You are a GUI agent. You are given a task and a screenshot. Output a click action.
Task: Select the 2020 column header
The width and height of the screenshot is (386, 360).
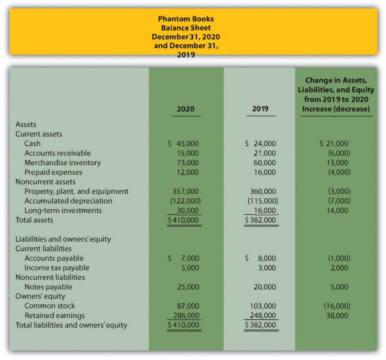coord(185,109)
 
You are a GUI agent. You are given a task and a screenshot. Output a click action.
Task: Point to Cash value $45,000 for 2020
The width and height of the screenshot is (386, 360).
coord(183,143)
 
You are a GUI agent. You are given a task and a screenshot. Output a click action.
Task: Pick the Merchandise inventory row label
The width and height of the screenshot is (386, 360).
coord(63,163)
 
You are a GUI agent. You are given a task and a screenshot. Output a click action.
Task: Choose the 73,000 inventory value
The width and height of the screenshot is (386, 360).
coord(188,163)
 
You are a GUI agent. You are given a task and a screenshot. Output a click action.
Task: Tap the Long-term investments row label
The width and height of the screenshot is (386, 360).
coord(63,211)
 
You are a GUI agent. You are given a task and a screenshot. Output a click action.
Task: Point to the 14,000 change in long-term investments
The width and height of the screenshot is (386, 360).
coord(338,211)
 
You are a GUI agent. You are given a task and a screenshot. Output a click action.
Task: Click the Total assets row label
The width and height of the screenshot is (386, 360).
coord(34,220)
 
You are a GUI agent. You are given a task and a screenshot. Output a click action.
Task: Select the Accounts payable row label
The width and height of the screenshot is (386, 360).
coord(54,258)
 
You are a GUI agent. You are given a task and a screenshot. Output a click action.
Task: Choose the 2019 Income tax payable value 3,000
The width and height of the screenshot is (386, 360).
coord(267,268)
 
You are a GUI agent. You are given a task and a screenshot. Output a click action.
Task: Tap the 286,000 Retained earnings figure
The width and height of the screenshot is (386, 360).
coord(186,316)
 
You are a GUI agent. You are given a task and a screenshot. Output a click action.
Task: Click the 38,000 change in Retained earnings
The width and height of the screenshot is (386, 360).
coord(338,316)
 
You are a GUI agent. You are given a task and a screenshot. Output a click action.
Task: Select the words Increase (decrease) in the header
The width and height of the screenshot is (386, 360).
coord(336,109)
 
